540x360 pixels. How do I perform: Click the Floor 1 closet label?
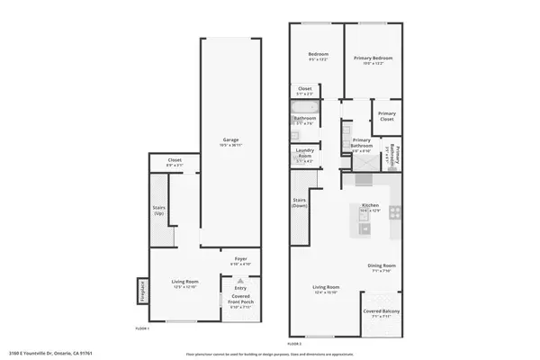pyautogui.click(x=175, y=162)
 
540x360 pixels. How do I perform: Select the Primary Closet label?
pyautogui.click(x=387, y=115)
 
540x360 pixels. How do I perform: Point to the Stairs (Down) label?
pyautogui.click(x=300, y=202)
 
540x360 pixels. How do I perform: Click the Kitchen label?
pyautogui.click(x=370, y=207)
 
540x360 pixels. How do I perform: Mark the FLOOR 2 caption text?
pyautogui.click(x=295, y=344)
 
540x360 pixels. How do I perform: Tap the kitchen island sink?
pyautogui.click(x=364, y=228)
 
